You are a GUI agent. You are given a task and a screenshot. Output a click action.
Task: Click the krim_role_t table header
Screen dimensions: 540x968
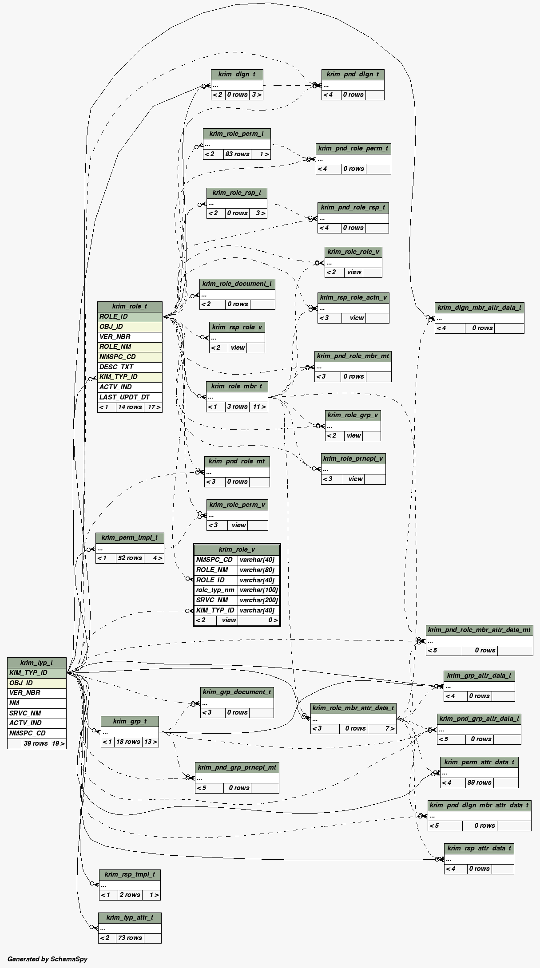tap(130, 306)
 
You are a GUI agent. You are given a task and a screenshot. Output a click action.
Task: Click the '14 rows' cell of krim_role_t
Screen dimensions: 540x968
tap(130, 407)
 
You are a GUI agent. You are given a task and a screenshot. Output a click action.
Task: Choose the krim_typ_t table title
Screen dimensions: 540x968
tap(36, 663)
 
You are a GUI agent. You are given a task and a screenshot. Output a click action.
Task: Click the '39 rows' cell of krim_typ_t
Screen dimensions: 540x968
tap(36, 743)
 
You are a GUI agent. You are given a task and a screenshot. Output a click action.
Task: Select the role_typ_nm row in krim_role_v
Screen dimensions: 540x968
tap(215, 590)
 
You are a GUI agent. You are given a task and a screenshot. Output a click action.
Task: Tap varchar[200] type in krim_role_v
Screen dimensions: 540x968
tap(258, 600)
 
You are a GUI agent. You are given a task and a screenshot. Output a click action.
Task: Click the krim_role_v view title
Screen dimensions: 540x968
tap(237, 549)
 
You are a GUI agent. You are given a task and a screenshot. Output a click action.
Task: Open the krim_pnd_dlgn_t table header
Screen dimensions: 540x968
tap(353, 74)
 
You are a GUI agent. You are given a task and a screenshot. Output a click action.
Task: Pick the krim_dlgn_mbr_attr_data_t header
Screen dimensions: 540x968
tap(479, 308)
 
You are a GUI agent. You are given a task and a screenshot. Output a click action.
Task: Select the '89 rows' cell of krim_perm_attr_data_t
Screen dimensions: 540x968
tap(479, 782)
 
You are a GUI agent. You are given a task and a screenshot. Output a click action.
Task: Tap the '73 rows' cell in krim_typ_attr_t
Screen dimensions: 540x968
tap(129, 938)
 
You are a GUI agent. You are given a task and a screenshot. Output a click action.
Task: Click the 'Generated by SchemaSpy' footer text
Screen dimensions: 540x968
tap(48, 959)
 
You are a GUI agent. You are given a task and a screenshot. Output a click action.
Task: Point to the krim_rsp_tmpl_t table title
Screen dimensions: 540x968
tap(130, 874)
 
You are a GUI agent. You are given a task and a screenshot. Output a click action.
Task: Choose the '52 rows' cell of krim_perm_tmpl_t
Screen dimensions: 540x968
tap(130, 558)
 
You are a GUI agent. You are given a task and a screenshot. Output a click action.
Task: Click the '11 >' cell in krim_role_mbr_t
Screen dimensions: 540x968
tap(259, 407)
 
